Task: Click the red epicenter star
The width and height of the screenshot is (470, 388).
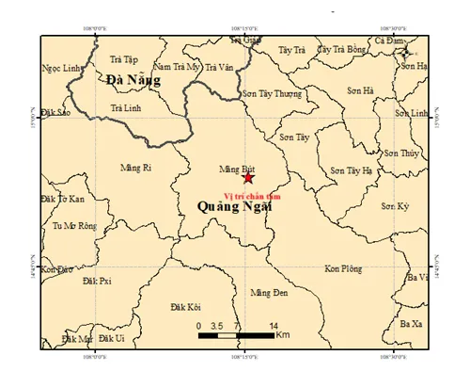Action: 248,177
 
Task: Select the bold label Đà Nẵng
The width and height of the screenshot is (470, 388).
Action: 133,80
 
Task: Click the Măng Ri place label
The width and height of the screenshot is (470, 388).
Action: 136,168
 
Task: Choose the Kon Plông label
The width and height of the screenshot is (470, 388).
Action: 343,268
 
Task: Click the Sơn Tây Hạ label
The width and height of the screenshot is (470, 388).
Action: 352,170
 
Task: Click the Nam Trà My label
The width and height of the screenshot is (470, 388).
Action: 179,68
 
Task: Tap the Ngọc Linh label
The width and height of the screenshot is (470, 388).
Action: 60,68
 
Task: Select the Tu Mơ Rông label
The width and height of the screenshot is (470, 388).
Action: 73,226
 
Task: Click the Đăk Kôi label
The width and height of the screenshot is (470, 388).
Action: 186,307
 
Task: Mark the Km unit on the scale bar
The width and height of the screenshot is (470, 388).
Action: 283,335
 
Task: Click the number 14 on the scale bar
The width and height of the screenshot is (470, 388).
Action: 273,325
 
